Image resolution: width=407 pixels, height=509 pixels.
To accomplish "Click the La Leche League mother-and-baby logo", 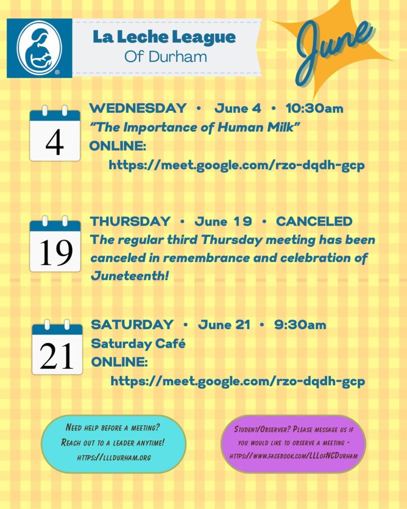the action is tap(39, 48).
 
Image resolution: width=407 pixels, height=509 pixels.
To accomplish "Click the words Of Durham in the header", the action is tap(165, 57).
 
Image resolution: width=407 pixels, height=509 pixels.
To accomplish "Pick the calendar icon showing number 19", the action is tap(55, 244).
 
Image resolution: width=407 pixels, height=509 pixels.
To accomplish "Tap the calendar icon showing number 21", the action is tap(57, 347).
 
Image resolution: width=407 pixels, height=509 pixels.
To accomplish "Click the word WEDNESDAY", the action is tap(138, 108).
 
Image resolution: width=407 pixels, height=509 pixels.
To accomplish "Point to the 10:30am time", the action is tap(315, 108).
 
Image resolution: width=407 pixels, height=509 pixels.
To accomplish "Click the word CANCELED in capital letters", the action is tap(314, 221).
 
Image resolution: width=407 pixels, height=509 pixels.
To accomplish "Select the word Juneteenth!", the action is tap(130, 276).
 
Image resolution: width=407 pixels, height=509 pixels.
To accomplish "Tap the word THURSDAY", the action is tap(131, 221).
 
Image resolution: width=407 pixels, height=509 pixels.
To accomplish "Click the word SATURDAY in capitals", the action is tap(132, 325).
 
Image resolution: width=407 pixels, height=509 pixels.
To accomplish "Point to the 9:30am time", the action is tap(300, 325).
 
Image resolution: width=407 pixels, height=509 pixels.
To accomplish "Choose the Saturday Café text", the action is tap(138, 343).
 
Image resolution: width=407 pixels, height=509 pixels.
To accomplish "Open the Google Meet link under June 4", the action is tap(237, 165).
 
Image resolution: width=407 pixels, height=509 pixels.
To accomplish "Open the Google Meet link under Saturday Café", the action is tap(238, 381).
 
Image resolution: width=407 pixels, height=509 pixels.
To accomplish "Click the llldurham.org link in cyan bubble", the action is tap(114, 458).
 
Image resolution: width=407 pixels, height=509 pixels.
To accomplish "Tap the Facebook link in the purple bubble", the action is tap(293, 456).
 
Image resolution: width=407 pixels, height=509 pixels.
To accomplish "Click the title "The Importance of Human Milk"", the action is tap(194, 127).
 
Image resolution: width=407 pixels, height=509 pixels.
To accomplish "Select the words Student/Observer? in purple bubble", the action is tap(262, 429).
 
